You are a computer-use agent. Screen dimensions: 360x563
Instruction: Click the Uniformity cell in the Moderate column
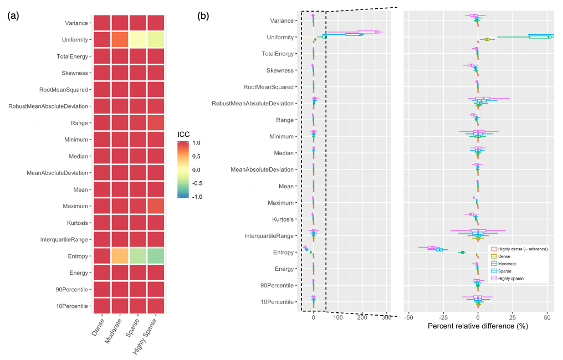click(x=120, y=40)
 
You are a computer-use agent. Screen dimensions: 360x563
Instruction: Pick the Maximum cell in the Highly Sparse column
click(x=156, y=206)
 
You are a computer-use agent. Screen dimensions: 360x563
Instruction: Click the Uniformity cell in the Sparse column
click(x=138, y=40)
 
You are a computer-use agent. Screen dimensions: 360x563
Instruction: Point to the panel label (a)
click(x=13, y=16)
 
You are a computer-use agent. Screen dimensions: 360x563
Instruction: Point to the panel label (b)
click(x=203, y=16)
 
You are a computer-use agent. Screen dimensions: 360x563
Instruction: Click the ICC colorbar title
click(x=184, y=133)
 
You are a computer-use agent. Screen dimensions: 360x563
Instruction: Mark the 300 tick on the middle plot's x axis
click(x=386, y=317)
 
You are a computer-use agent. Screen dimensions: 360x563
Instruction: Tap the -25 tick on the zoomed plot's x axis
click(x=443, y=317)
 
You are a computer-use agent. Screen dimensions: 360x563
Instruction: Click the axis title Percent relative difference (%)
click(x=478, y=326)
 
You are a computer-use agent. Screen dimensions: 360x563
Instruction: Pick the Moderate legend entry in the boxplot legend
click(x=507, y=264)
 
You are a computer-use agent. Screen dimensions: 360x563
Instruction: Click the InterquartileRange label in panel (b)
click(x=269, y=236)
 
